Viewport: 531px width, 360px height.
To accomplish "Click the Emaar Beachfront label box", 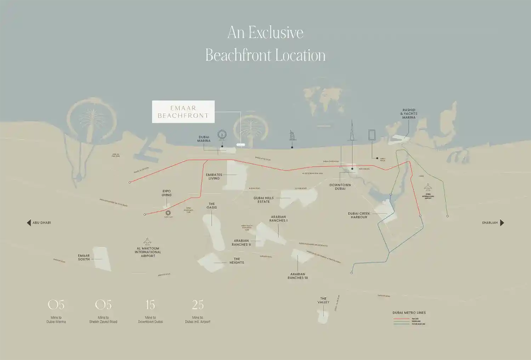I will tap(183, 112).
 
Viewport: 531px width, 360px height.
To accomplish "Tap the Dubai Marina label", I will tap(204, 139).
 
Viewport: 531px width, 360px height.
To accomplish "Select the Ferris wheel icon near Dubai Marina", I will tap(222, 135).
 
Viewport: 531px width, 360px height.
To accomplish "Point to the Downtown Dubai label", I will tap(340, 187).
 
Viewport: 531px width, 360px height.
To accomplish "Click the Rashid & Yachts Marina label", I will tap(409, 114).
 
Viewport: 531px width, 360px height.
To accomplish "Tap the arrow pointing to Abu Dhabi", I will tap(29, 223).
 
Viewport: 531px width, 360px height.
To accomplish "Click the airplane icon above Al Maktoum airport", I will tap(148, 242).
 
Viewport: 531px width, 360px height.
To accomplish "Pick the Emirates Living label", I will tap(214, 176).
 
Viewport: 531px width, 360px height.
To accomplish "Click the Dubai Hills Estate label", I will tap(264, 200).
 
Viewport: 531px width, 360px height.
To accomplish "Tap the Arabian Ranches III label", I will tap(298, 276).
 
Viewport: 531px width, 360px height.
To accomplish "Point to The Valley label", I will tap(323, 300).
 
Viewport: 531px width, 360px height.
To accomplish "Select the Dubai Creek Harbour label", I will tap(359, 215).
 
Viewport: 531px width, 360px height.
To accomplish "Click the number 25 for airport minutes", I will tap(198, 305).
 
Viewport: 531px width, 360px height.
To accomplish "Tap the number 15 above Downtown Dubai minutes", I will tap(150, 305).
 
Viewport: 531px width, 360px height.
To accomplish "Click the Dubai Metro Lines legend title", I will tap(409, 313).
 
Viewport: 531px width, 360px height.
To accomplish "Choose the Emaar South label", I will tap(84, 258).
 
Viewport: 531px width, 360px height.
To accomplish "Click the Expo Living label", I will tap(166, 193).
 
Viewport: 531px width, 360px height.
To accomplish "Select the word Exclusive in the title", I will tap(276, 33).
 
